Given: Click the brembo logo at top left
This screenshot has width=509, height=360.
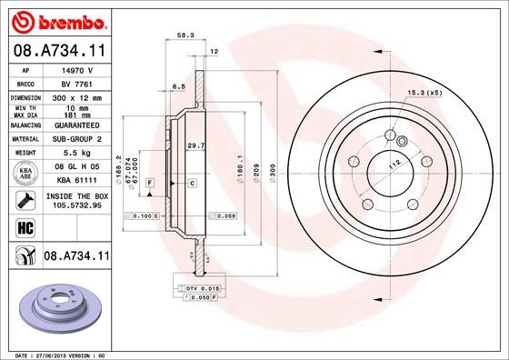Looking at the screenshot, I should tap(56, 19).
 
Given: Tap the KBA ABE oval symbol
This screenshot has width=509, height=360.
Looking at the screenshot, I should tap(24, 174).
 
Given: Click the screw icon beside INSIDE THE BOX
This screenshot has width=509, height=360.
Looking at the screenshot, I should tap(24, 198).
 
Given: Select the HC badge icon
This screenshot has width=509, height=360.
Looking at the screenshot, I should tap(24, 227).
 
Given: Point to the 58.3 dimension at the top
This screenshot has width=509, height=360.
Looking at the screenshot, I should tap(185, 35).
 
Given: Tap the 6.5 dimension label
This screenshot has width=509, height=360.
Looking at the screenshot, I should tap(178, 86).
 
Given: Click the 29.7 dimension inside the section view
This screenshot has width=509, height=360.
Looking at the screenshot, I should tap(194, 145).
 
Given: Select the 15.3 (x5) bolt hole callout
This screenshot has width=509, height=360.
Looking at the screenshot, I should tap(424, 92).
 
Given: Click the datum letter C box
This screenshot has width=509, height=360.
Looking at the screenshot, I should tap(192, 184).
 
